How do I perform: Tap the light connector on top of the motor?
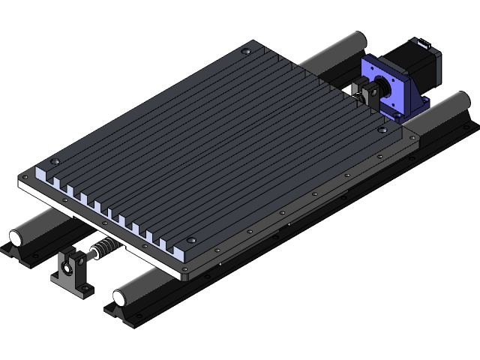pyautogui.click(x=421, y=43)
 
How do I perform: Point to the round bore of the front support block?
pyautogui.click(x=69, y=263)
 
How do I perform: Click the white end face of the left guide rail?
pyautogui.click(x=16, y=238)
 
